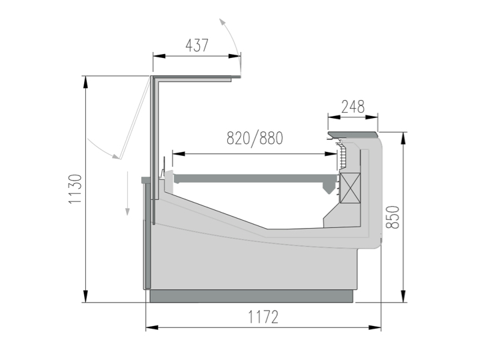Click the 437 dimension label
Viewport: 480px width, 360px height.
tap(197, 45)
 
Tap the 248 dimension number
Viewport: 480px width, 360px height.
tap(353, 107)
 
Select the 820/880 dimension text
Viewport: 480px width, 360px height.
tap(255, 139)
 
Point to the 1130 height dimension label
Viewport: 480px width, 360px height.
tap(75, 189)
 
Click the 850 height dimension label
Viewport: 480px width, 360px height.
tap(393, 217)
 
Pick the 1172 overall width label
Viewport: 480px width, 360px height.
tap(263, 317)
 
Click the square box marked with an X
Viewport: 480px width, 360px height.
tap(350, 187)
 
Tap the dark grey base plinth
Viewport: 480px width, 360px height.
tap(251, 296)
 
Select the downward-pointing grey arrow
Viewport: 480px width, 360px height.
tap(127, 193)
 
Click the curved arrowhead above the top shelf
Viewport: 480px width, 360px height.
tap(223, 23)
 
